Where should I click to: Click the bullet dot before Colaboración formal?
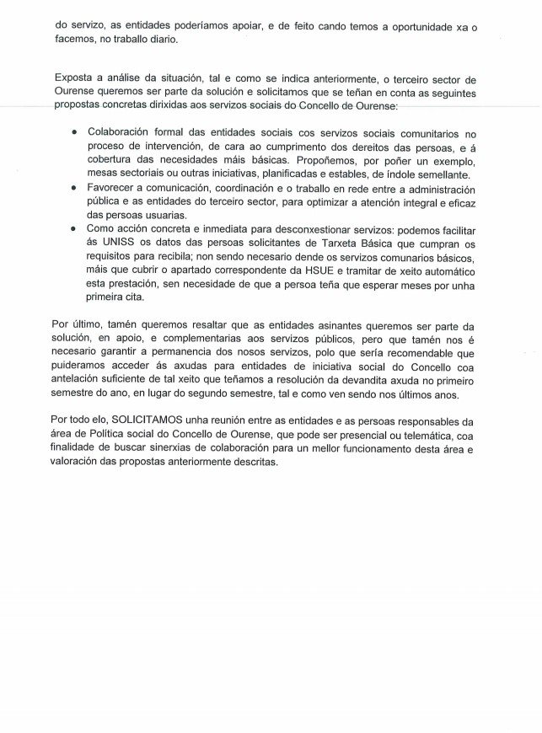tap(74, 132)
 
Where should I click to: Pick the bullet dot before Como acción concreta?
tap(74, 229)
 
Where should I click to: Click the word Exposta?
tap(73, 79)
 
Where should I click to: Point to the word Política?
tap(104, 435)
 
